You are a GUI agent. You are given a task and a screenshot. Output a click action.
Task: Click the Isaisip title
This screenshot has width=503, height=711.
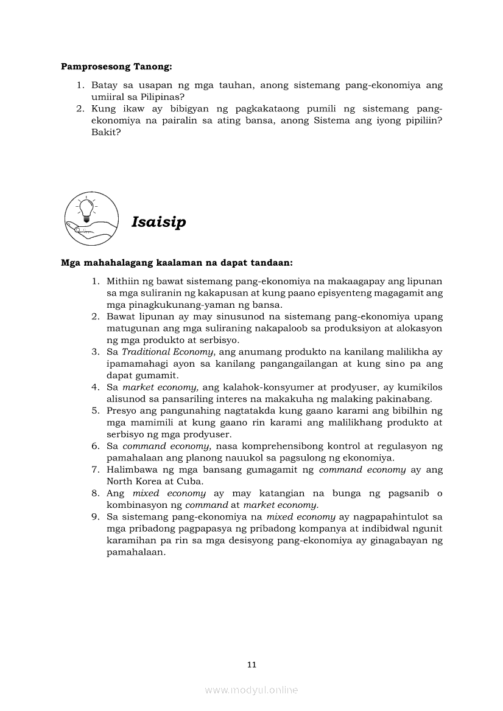pyautogui.click(x=158, y=222)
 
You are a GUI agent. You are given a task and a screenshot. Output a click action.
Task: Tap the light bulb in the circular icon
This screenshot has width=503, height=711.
pyautogui.click(x=88, y=209)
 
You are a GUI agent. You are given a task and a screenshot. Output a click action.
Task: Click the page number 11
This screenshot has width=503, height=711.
pyautogui.click(x=251, y=665)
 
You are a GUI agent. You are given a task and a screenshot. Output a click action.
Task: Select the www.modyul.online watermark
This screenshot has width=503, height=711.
pyautogui.click(x=251, y=690)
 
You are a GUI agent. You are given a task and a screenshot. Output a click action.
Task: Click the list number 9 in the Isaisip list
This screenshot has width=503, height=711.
pyautogui.click(x=95, y=516)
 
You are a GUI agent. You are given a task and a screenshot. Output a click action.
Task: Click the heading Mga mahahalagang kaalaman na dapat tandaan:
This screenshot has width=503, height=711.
pyautogui.click(x=177, y=263)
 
